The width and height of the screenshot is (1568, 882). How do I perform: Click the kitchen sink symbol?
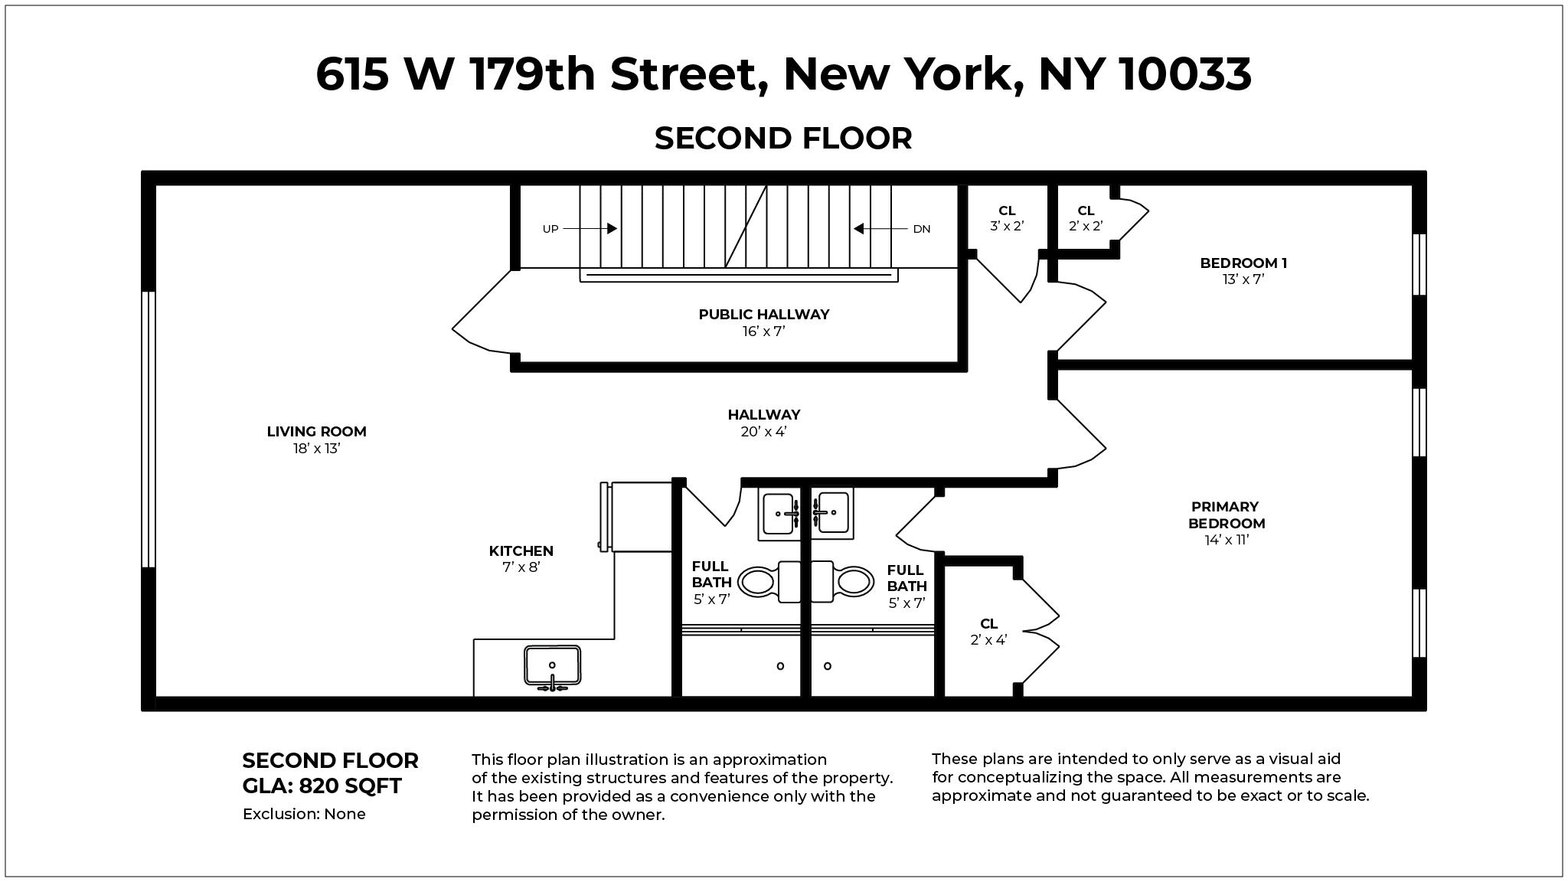552,666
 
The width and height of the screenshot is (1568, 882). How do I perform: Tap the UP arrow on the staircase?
590,228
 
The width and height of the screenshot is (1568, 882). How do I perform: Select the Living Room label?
316,432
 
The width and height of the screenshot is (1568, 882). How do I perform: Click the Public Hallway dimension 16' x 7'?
763,332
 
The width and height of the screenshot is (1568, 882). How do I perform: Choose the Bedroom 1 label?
1243,263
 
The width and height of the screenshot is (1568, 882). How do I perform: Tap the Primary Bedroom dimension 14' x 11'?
1227,540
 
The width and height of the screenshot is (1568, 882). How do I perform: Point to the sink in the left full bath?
779,513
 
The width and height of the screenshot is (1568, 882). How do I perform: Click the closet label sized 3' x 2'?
1007,218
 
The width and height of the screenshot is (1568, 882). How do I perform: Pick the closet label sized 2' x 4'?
988,632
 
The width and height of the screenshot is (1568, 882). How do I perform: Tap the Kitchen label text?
521,551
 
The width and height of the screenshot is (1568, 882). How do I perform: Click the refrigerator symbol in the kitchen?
640,517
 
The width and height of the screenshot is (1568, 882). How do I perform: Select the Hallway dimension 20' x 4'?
763,432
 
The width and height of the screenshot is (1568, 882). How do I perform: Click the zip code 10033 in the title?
1185,74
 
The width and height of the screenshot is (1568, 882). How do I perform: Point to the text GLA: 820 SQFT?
322,786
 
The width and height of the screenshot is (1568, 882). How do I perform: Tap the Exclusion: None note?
304,814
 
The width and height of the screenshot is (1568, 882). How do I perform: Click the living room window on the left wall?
149,430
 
